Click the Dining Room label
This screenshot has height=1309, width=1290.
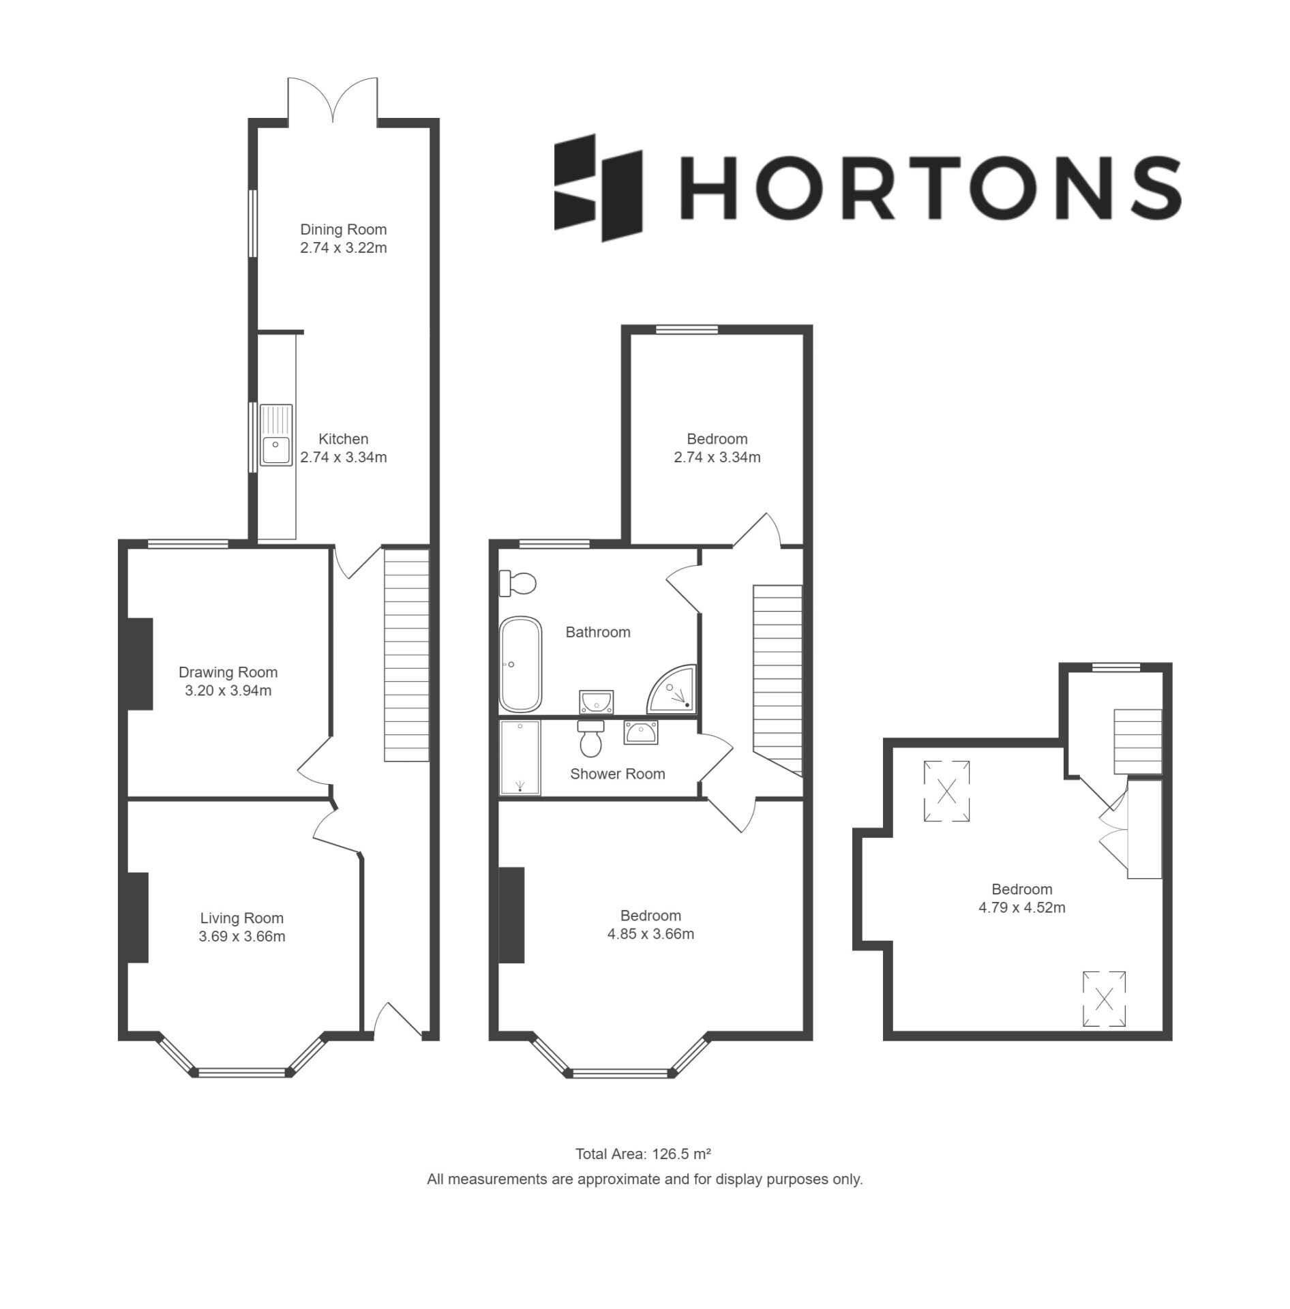click(343, 230)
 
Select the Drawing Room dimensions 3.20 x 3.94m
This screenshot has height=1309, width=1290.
click(228, 691)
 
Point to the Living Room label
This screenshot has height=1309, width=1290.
click(241, 918)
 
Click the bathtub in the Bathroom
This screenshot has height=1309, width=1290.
click(521, 664)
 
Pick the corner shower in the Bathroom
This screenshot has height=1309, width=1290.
click(673, 688)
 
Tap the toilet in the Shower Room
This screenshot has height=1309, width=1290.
click(590, 739)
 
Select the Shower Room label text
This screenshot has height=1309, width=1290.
click(617, 774)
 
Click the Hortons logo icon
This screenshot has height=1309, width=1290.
click(598, 187)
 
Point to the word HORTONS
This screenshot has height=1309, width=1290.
click(931, 187)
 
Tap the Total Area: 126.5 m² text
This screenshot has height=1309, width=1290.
click(644, 1154)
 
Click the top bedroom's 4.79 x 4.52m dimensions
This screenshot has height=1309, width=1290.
click(1021, 907)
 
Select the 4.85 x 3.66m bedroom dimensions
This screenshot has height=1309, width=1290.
click(650, 934)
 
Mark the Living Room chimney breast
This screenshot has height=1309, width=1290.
click(138, 917)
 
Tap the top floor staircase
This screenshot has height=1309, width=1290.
click(1137, 741)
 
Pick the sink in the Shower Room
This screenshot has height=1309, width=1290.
click(640, 733)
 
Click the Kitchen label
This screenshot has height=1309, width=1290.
click(344, 439)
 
